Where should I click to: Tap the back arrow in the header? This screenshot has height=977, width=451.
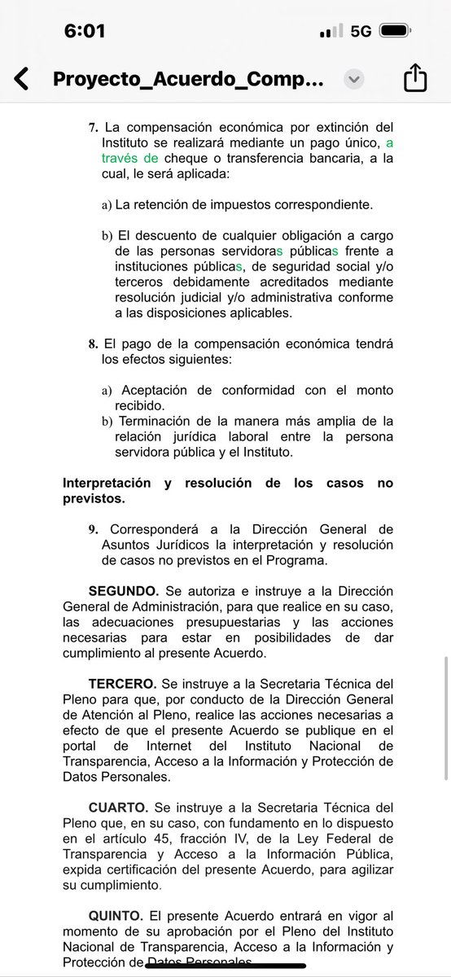click(22, 79)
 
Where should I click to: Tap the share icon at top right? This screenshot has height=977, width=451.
click(415, 79)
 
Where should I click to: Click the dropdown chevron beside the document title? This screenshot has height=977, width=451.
click(353, 80)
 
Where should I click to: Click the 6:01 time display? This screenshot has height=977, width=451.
click(85, 31)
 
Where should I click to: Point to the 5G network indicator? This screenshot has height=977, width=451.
click(361, 31)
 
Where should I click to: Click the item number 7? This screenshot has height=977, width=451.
click(94, 127)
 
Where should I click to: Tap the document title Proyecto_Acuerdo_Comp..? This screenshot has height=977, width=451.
click(188, 80)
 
